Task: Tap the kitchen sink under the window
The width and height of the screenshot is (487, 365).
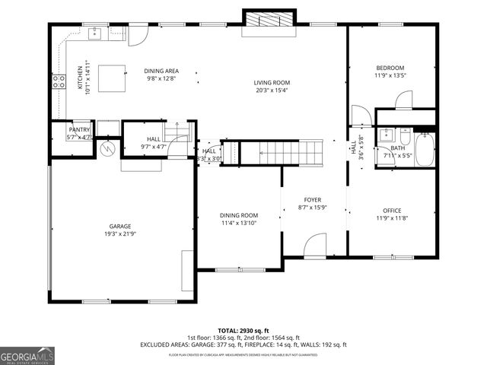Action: coord(94,33)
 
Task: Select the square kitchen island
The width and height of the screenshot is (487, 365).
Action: coord(112,78)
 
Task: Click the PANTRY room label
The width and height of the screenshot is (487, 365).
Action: coord(79,130)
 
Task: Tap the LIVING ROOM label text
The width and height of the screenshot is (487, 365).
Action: coord(272,83)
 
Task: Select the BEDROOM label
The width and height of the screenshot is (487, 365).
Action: coord(390,68)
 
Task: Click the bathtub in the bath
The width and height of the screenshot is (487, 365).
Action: coord(423,149)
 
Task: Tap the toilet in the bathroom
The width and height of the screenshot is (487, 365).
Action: coord(405,137)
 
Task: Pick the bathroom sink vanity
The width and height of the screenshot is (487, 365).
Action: coord(386,136)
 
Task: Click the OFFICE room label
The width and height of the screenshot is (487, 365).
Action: coord(392,211)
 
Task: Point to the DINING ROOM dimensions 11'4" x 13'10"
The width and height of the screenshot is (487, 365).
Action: coord(239,223)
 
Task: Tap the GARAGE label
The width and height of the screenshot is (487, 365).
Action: coord(119,227)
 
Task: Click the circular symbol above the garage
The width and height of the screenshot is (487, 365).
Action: coord(108,149)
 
